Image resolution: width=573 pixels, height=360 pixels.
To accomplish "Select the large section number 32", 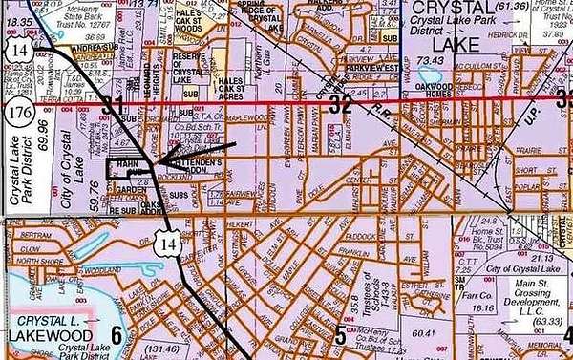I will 340,106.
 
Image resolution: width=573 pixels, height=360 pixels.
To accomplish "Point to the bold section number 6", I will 117,333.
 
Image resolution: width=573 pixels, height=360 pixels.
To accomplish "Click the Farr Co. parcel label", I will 487,283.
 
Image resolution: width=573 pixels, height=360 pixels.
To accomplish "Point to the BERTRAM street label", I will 32,234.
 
